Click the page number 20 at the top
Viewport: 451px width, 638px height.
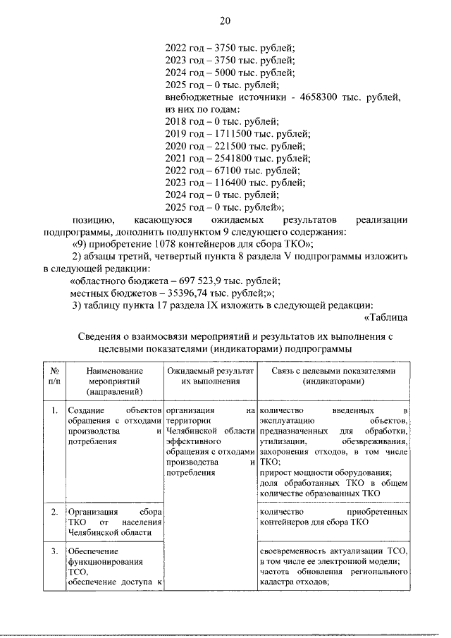point(225,20)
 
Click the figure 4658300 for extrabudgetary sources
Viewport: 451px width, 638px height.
point(320,97)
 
